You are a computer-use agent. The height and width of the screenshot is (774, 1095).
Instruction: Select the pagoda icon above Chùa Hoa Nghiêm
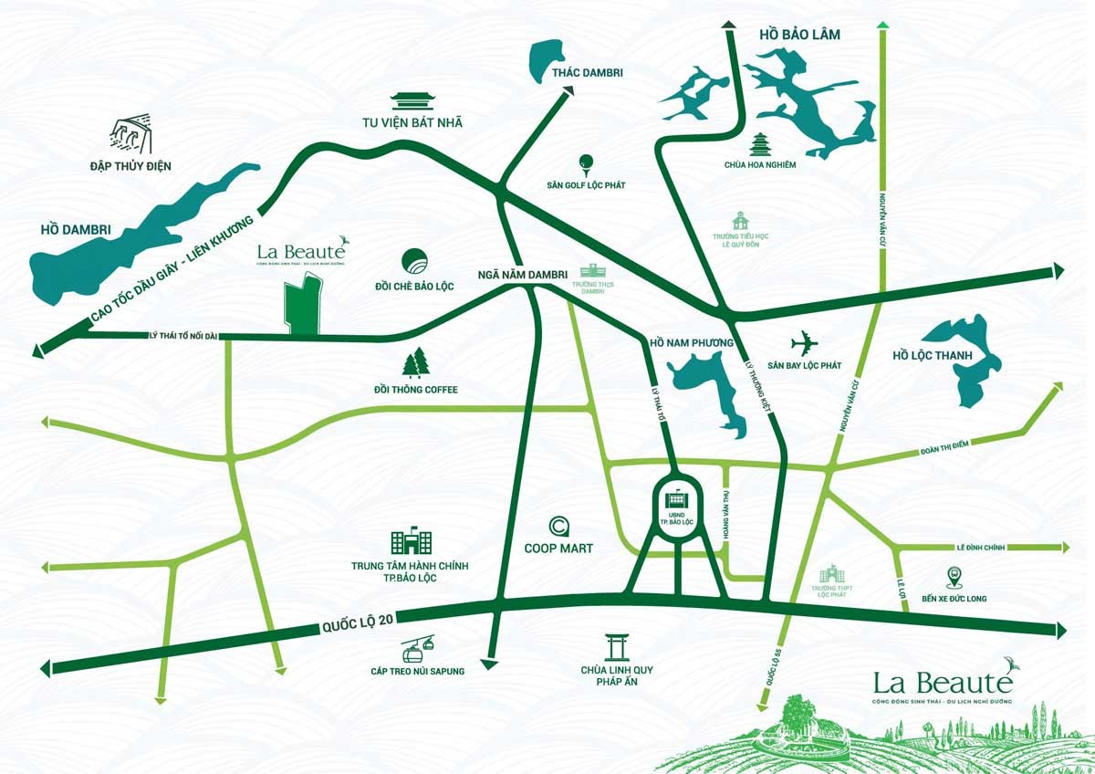[760, 144]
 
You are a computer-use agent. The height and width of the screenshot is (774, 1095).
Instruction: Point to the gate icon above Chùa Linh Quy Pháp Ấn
[617, 647]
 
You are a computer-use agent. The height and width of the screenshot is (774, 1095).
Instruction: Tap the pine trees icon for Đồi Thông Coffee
[417, 362]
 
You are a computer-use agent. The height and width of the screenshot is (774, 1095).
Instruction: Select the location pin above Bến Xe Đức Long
[954, 577]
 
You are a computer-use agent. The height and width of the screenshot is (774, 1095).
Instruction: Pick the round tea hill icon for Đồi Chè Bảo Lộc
[415, 261]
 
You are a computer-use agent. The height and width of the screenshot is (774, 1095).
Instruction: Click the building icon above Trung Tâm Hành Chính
[410, 542]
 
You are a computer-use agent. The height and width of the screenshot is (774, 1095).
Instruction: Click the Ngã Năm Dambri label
[523, 274]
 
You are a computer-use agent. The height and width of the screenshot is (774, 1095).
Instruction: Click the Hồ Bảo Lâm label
[798, 35]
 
